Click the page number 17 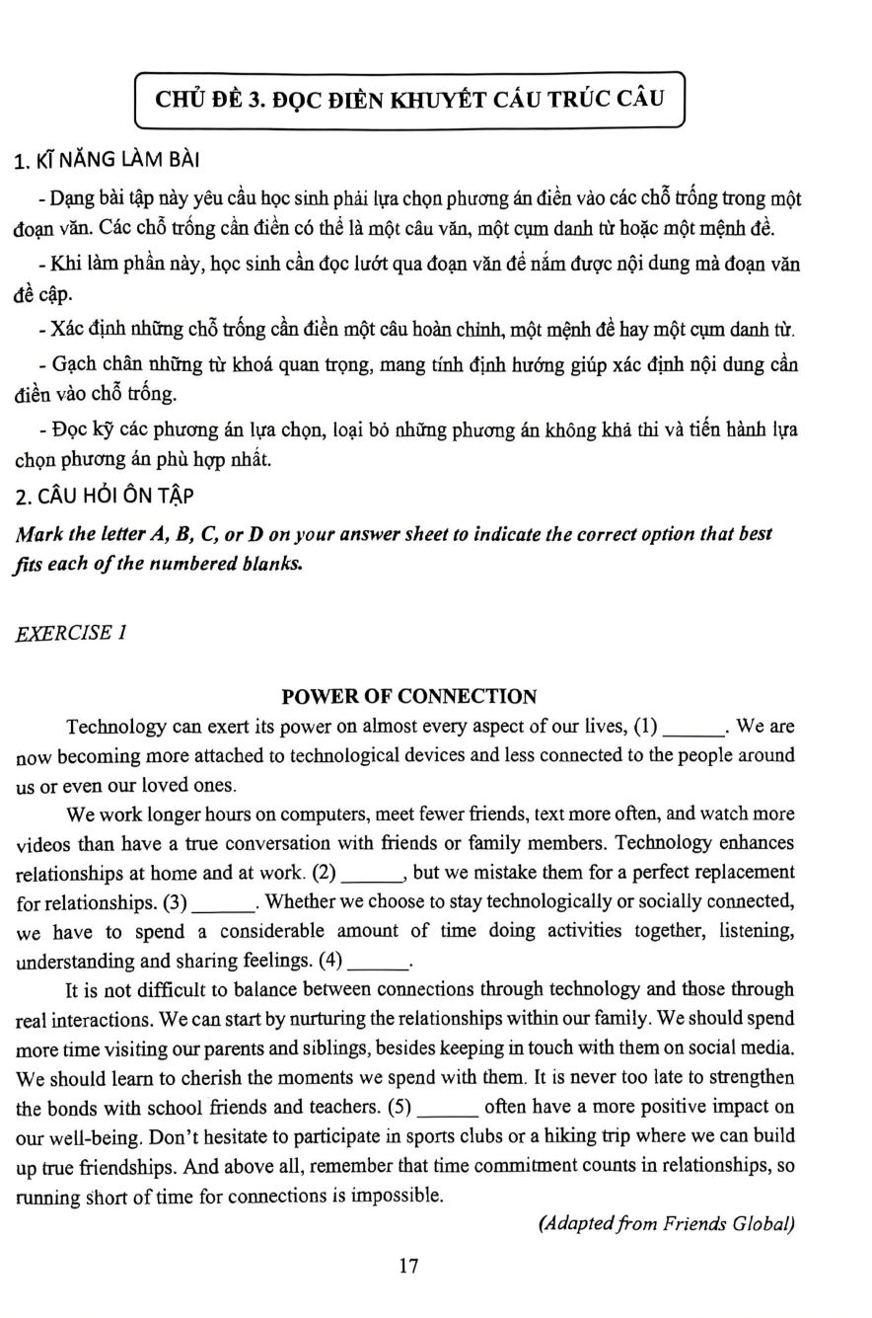click(x=409, y=1266)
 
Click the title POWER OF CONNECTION click(x=409, y=696)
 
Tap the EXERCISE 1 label click(x=71, y=633)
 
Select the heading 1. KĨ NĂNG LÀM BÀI click(x=109, y=161)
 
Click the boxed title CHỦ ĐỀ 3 click(x=409, y=99)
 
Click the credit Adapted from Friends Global click(x=667, y=1224)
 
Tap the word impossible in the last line click(x=393, y=1196)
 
